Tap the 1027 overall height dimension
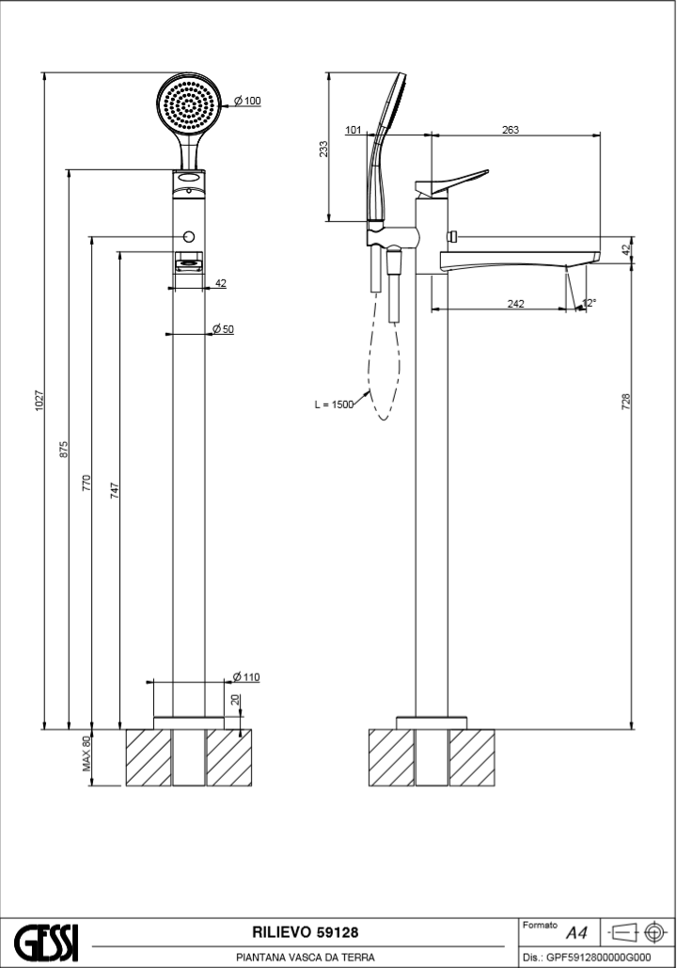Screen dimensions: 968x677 coord(39,400)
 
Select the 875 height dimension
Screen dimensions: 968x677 coord(64,449)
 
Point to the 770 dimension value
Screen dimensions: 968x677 coord(86,484)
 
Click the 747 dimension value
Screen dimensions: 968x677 coord(115,490)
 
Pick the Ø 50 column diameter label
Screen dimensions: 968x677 coord(223,328)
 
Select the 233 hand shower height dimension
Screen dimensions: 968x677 coord(323,149)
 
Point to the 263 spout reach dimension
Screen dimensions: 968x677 coord(511,131)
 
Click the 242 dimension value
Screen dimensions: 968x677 coord(515,303)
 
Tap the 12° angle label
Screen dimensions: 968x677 coord(589,303)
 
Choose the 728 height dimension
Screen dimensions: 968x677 coord(626,402)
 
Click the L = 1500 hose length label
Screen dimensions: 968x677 coord(333,405)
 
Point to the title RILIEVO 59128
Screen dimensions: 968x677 coord(305,932)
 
